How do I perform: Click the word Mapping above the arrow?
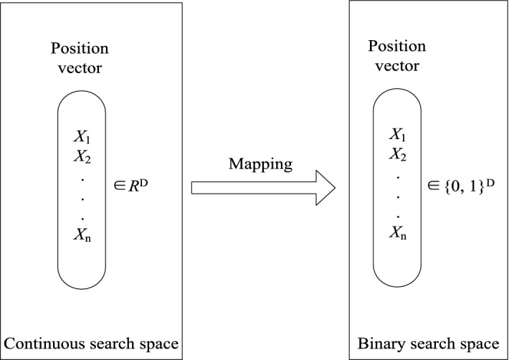260,164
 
